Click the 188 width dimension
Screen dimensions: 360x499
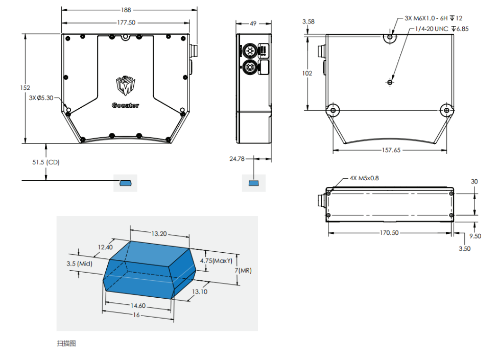tap(127, 10)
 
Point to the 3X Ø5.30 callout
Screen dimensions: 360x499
tap(41, 98)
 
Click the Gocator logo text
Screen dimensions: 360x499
tap(125, 106)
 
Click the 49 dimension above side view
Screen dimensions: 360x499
tap(253, 23)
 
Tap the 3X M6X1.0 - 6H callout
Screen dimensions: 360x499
tap(434, 18)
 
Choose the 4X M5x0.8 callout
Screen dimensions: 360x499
tap(364, 178)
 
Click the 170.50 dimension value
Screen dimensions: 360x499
tap(389, 233)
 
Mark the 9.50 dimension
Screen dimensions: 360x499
tap(475, 236)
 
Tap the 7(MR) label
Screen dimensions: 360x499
tap(243, 270)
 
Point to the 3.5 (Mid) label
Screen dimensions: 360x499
tap(79, 263)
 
